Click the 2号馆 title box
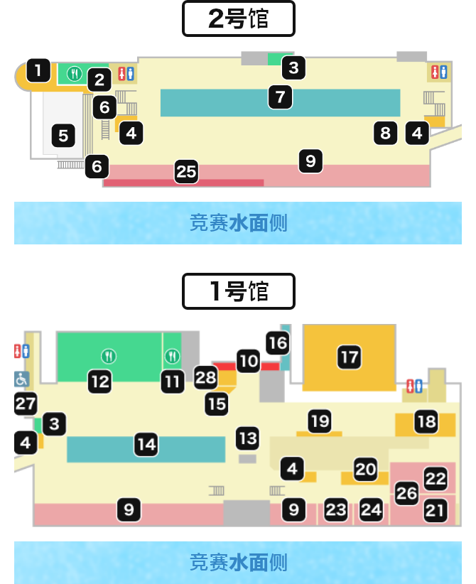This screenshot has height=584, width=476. [239, 18]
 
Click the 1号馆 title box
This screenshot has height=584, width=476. [239, 291]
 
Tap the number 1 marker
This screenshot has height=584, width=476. [38, 70]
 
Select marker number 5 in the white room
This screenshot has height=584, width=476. [63, 136]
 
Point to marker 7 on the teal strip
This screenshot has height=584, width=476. [280, 97]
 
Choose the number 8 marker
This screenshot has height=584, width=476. [386, 133]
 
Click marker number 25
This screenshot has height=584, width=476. [186, 172]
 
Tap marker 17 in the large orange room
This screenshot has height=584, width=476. [350, 357]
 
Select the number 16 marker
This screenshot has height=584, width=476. [278, 343]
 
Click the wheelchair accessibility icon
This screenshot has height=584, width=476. [21, 379]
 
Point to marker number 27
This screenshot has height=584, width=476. [26, 404]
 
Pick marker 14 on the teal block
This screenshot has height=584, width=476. [146, 444]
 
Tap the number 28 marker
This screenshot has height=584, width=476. [206, 378]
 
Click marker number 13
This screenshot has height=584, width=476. [248, 438]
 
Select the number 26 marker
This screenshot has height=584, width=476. [406, 493]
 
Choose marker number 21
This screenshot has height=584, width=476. [436, 510]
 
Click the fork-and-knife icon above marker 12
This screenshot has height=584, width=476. [109, 357]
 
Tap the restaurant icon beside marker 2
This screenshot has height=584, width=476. [75, 74]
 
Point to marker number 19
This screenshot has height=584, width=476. [320, 421]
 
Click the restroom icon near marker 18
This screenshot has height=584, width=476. [414, 386]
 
